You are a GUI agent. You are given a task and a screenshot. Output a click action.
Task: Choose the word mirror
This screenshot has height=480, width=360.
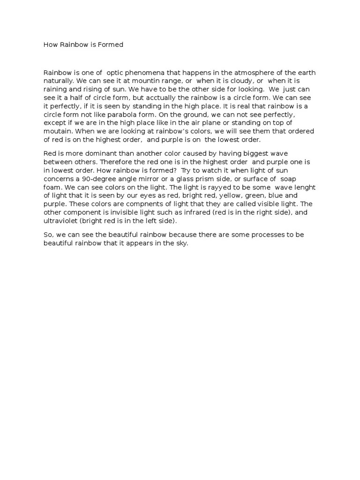coord(142,179)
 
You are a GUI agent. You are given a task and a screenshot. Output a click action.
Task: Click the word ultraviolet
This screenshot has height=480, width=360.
coord(60,221)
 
